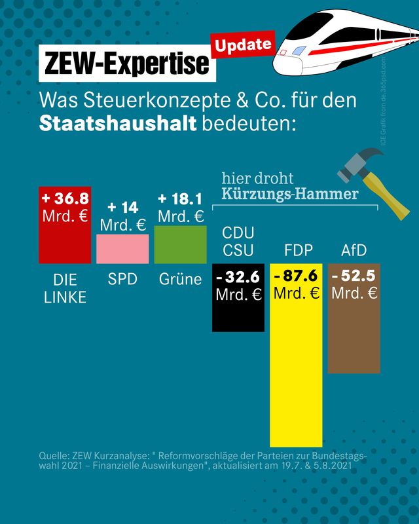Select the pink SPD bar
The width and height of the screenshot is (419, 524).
coord(122,249)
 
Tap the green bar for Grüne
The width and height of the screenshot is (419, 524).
coord(181,245)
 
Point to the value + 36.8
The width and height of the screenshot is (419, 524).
coord(65,198)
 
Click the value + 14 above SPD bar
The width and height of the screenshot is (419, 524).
coord(122,208)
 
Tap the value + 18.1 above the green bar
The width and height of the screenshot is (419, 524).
coord(181,199)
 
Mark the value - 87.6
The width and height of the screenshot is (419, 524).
coord(296,276)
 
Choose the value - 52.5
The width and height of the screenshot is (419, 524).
coord(354,276)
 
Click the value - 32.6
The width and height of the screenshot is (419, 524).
coord(238,277)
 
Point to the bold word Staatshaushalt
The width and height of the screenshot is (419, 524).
coord(118,123)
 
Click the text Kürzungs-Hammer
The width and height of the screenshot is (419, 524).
coord(289,194)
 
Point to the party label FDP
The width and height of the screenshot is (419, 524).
coord(298,250)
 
